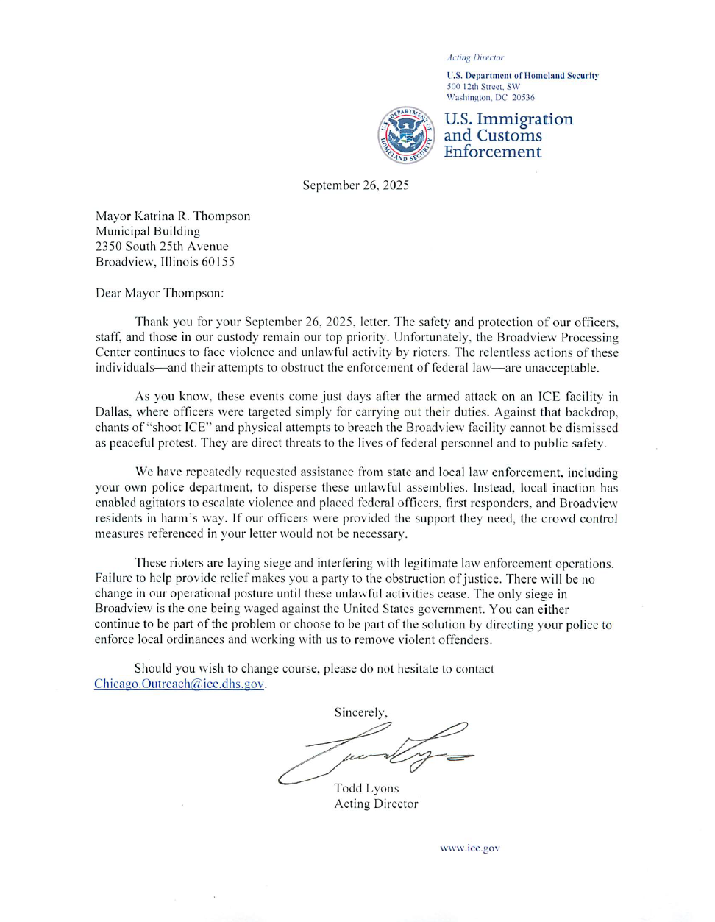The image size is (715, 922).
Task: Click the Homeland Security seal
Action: [x=405, y=135]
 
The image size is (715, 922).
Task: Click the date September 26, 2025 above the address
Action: [x=355, y=185]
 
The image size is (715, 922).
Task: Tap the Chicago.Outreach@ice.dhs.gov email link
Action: [x=179, y=684]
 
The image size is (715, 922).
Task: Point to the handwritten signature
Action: [x=375, y=751]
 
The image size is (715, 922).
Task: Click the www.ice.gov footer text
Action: [x=469, y=848]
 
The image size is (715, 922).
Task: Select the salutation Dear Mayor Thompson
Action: [x=160, y=294]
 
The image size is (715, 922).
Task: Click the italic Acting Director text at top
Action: [x=475, y=57]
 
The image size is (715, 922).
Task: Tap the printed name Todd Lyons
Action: [x=366, y=789]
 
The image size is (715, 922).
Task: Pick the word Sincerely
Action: [x=360, y=712]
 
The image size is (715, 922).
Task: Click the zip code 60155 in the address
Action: [x=218, y=262]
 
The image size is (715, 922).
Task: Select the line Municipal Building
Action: [x=148, y=231]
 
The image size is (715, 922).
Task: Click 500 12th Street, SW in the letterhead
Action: [x=483, y=87]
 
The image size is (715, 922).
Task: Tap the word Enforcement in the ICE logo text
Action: [x=492, y=152]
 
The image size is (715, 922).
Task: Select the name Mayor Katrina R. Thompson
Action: [x=173, y=216]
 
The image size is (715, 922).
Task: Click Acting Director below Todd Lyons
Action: [x=376, y=804]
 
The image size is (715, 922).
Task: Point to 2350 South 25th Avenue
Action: [x=162, y=247]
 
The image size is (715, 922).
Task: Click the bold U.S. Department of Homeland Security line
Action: [x=522, y=76]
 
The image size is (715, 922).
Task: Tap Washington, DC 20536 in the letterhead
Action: [x=491, y=97]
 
